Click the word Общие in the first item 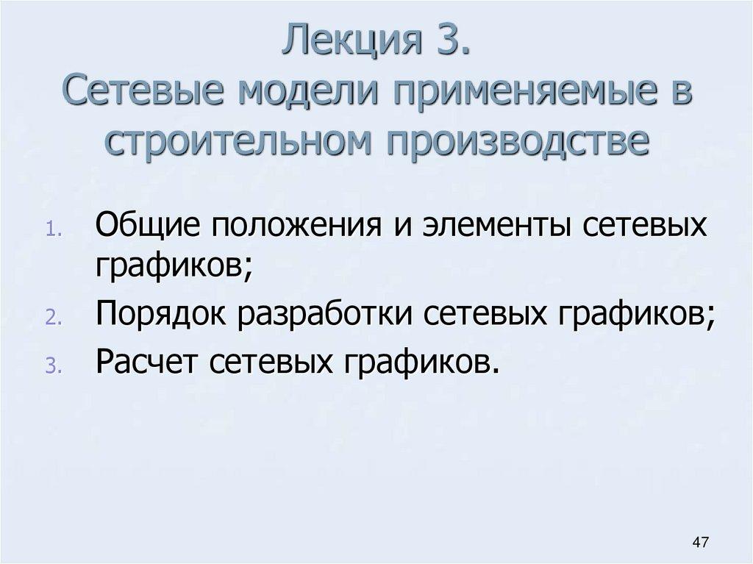tap(148, 224)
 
